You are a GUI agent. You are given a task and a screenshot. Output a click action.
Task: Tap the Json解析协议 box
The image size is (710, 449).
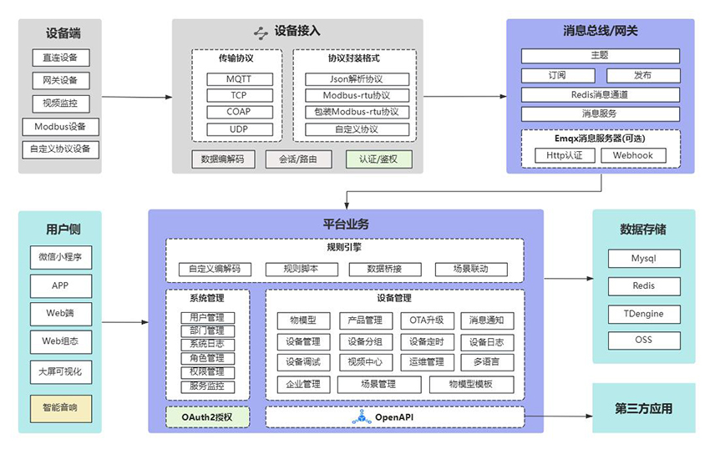(356, 79)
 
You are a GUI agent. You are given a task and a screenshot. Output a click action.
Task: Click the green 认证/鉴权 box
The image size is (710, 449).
(379, 159)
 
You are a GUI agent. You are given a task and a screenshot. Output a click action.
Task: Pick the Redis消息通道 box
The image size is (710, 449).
(600, 94)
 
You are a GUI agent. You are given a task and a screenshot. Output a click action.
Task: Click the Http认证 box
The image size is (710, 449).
(564, 155)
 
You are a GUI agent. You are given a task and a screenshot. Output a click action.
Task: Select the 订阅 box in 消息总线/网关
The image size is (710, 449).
(557, 75)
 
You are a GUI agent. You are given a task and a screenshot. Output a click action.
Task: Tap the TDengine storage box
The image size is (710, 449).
(643, 313)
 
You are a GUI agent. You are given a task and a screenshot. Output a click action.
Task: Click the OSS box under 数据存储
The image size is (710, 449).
(643, 341)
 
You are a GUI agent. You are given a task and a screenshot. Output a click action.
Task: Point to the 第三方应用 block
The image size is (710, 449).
(643, 409)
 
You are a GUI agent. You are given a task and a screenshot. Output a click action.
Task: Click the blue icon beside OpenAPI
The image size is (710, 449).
(361, 416)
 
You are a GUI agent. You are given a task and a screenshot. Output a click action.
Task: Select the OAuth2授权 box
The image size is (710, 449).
(208, 416)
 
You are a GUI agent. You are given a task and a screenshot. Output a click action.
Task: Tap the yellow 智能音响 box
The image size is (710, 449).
(60, 408)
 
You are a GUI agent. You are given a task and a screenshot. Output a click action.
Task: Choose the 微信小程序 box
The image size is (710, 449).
(60, 258)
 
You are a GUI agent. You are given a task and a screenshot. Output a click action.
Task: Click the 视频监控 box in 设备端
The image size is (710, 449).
(60, 103)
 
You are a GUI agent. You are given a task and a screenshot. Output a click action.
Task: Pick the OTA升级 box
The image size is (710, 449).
(426, 320)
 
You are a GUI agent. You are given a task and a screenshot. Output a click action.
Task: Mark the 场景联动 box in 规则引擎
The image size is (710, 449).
(470, 270)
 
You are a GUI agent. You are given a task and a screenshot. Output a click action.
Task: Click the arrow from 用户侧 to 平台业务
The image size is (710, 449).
(124, 321)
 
